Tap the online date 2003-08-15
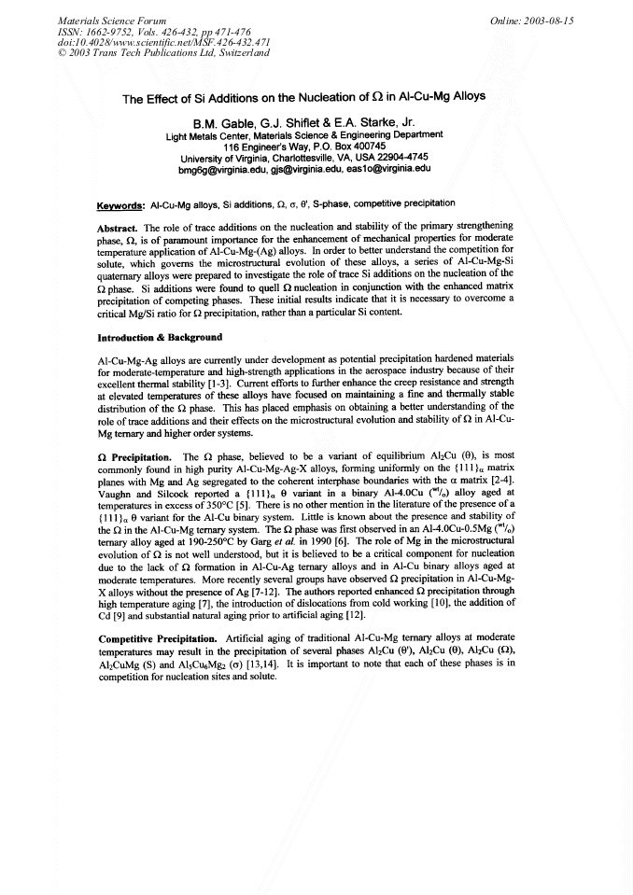550,20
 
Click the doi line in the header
150,42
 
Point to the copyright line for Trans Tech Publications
163,53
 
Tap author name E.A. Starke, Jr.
383,122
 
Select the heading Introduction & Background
160,337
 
